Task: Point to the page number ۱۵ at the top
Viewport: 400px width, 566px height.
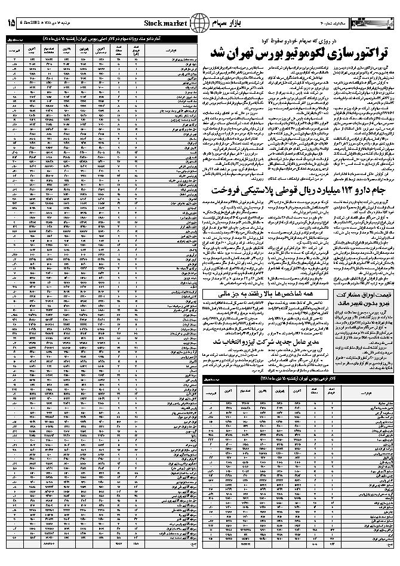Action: pos(12,23)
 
